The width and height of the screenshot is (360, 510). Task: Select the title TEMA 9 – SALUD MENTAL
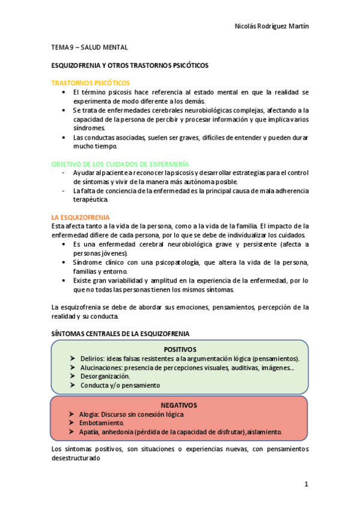pos(88,47)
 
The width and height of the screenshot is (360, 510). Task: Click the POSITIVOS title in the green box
pos(180,349)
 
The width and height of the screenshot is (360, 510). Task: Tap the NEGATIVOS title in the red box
pos(180,405)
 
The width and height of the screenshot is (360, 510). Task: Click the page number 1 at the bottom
pos(306,484)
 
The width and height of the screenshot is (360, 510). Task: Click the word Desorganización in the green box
pos(105,376)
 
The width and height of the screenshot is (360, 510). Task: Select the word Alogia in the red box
pos(90,414)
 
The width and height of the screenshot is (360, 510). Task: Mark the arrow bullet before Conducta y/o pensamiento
pos(72,385)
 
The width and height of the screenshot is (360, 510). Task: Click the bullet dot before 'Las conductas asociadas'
pos(64,137)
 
